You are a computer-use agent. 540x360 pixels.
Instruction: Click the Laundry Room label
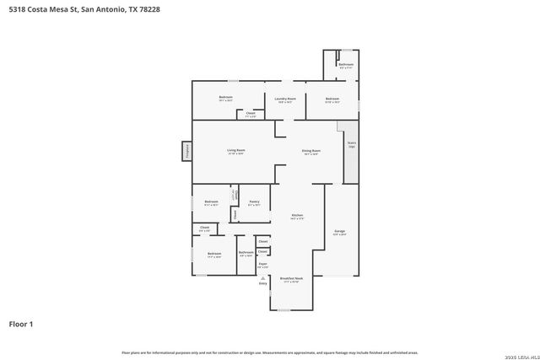coord(285,99)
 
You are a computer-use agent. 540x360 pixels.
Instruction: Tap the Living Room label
coord(235,152)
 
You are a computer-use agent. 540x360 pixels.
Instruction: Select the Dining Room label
coord(311,152)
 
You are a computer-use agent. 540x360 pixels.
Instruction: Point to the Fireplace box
coord(186,152)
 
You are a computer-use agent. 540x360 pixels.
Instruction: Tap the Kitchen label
coord(297,217)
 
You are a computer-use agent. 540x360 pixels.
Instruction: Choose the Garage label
coord(340,232)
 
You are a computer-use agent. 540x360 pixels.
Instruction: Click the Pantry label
coord(254,202)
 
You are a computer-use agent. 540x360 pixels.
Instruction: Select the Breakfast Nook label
coord(292,279)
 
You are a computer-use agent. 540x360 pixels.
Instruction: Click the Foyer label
coord(262,265)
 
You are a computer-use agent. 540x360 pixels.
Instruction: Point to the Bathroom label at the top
coord(345,65)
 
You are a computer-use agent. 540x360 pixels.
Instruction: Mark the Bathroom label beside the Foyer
coord(246,254)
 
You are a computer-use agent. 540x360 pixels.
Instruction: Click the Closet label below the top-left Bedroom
coord(251,114)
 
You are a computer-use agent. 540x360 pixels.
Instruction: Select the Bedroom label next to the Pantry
coord(211,202)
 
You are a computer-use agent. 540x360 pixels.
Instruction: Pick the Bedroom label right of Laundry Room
coord(332,99)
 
